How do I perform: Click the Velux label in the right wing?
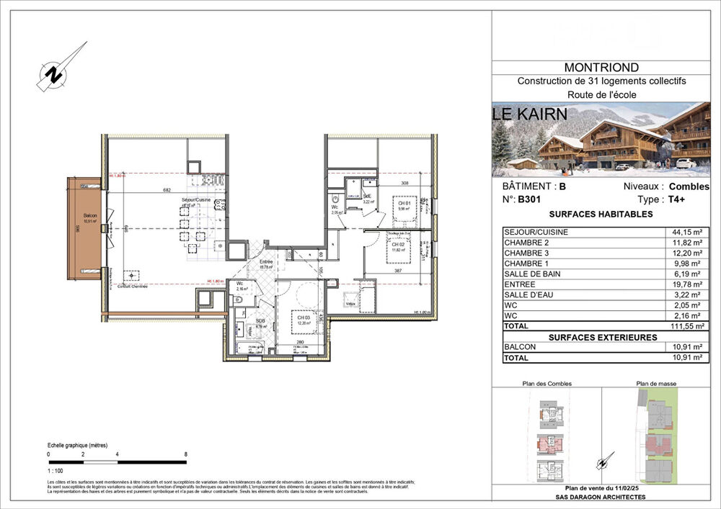[x=351, y=305]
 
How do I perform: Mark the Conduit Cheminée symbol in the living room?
[x=131, y=277]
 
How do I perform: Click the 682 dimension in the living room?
[x=167, y=190]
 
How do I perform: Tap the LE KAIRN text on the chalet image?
[x=529, y=114]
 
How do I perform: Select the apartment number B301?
[x=528, y=200]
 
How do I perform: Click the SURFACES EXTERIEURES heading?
[x=602, y=336]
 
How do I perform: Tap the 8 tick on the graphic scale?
[x=186, y=454]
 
